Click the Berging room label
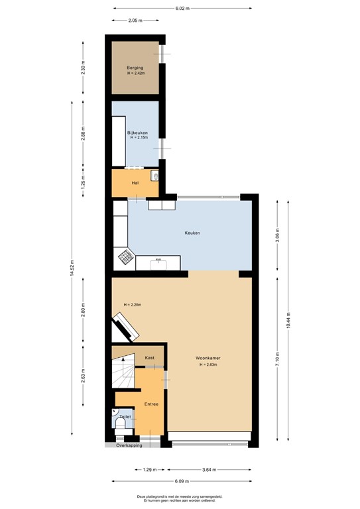135,68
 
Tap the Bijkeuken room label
137,133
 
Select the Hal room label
135,183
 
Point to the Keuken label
192,233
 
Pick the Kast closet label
150,358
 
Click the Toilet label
125,417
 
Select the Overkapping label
130,445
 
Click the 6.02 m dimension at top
182,9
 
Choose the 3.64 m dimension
209,470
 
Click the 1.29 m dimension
150,470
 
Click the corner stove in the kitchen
125,256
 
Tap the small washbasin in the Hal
154,176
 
